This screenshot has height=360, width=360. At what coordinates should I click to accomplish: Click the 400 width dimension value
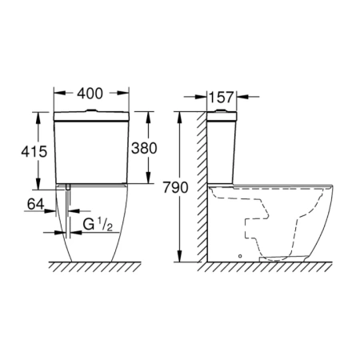point(90,94)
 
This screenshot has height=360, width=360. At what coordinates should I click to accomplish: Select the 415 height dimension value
point(34,151)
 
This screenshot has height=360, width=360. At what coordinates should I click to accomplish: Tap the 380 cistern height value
point(144,148)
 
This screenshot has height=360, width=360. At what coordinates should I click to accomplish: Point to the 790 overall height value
point(175,187)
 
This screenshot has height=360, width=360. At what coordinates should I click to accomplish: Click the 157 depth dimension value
point(221,98)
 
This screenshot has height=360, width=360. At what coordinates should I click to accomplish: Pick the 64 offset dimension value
point(35,205)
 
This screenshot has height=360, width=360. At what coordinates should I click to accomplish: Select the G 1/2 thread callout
point(98,225)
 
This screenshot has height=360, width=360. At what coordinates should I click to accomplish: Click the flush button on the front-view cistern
point(91,110)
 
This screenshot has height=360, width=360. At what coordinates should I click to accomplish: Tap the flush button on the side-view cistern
point(221,110)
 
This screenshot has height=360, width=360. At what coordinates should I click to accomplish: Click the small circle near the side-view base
point(240,256)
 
